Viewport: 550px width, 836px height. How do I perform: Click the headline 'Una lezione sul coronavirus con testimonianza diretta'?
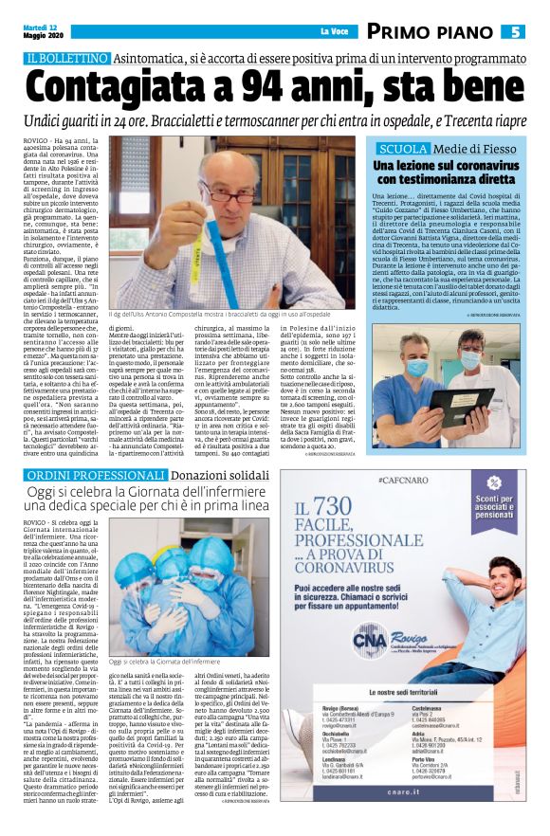click(450, 173)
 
